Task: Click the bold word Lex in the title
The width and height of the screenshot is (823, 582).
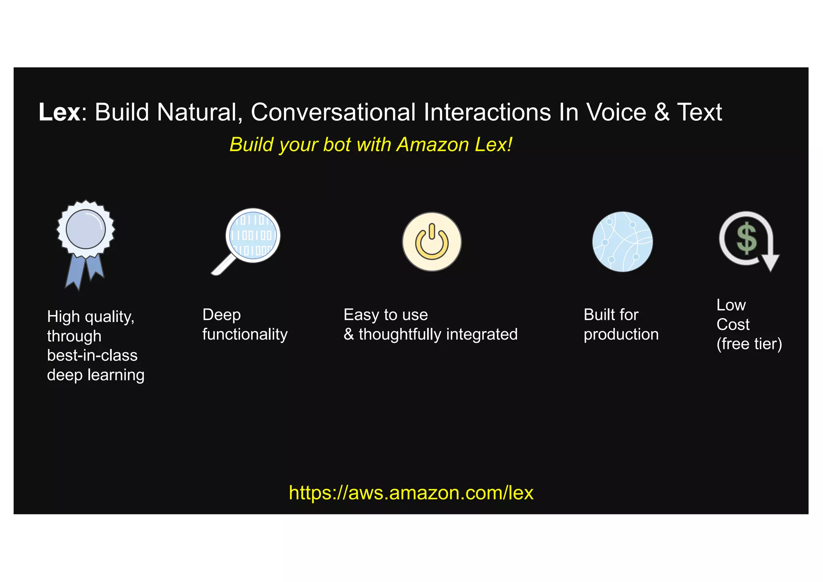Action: click(59, 112)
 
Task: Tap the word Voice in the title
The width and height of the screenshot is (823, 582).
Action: click(616, 112)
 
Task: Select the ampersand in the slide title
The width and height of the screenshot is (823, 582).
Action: click(661, 112)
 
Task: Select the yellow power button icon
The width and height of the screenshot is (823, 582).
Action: click(432, 242)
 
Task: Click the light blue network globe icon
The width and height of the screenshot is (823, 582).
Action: click(622, 242)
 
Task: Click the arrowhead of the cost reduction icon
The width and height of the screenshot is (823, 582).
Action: click(770, 263)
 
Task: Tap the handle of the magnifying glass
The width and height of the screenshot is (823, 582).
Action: click(223, 265)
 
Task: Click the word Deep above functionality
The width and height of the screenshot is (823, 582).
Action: click(221, 315)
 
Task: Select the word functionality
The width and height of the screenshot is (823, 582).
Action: click(245, 334)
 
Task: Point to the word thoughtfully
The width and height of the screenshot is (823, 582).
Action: click(400, 334)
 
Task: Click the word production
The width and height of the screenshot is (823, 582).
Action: click(621, 334)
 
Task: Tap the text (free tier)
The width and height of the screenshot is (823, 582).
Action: click(749, 344)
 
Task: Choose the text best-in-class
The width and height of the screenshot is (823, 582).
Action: click(92, 355)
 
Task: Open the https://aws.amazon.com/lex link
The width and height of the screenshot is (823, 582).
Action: click(411, 493)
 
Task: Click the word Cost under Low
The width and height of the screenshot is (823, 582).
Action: click(733, 324)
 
